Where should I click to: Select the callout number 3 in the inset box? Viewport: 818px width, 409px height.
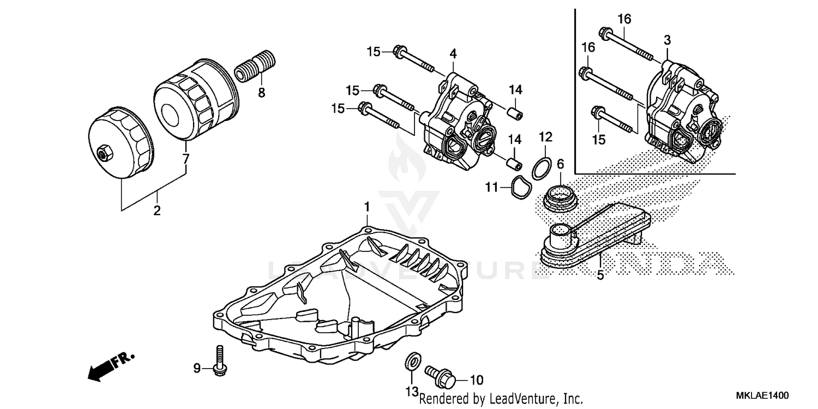[667, 40]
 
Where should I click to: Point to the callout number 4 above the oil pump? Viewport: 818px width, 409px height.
[453, 53]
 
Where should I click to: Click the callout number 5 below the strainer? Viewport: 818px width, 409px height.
[600, 275]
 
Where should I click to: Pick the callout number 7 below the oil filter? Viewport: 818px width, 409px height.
[186, 159]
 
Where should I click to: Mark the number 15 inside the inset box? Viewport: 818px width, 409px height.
[599, 140]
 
